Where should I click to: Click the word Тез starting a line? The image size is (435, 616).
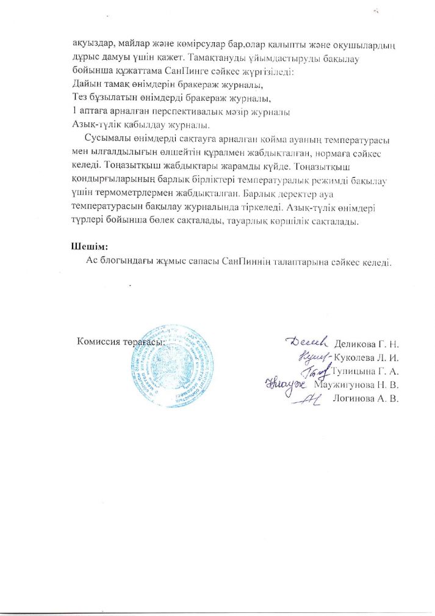(79, 98)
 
